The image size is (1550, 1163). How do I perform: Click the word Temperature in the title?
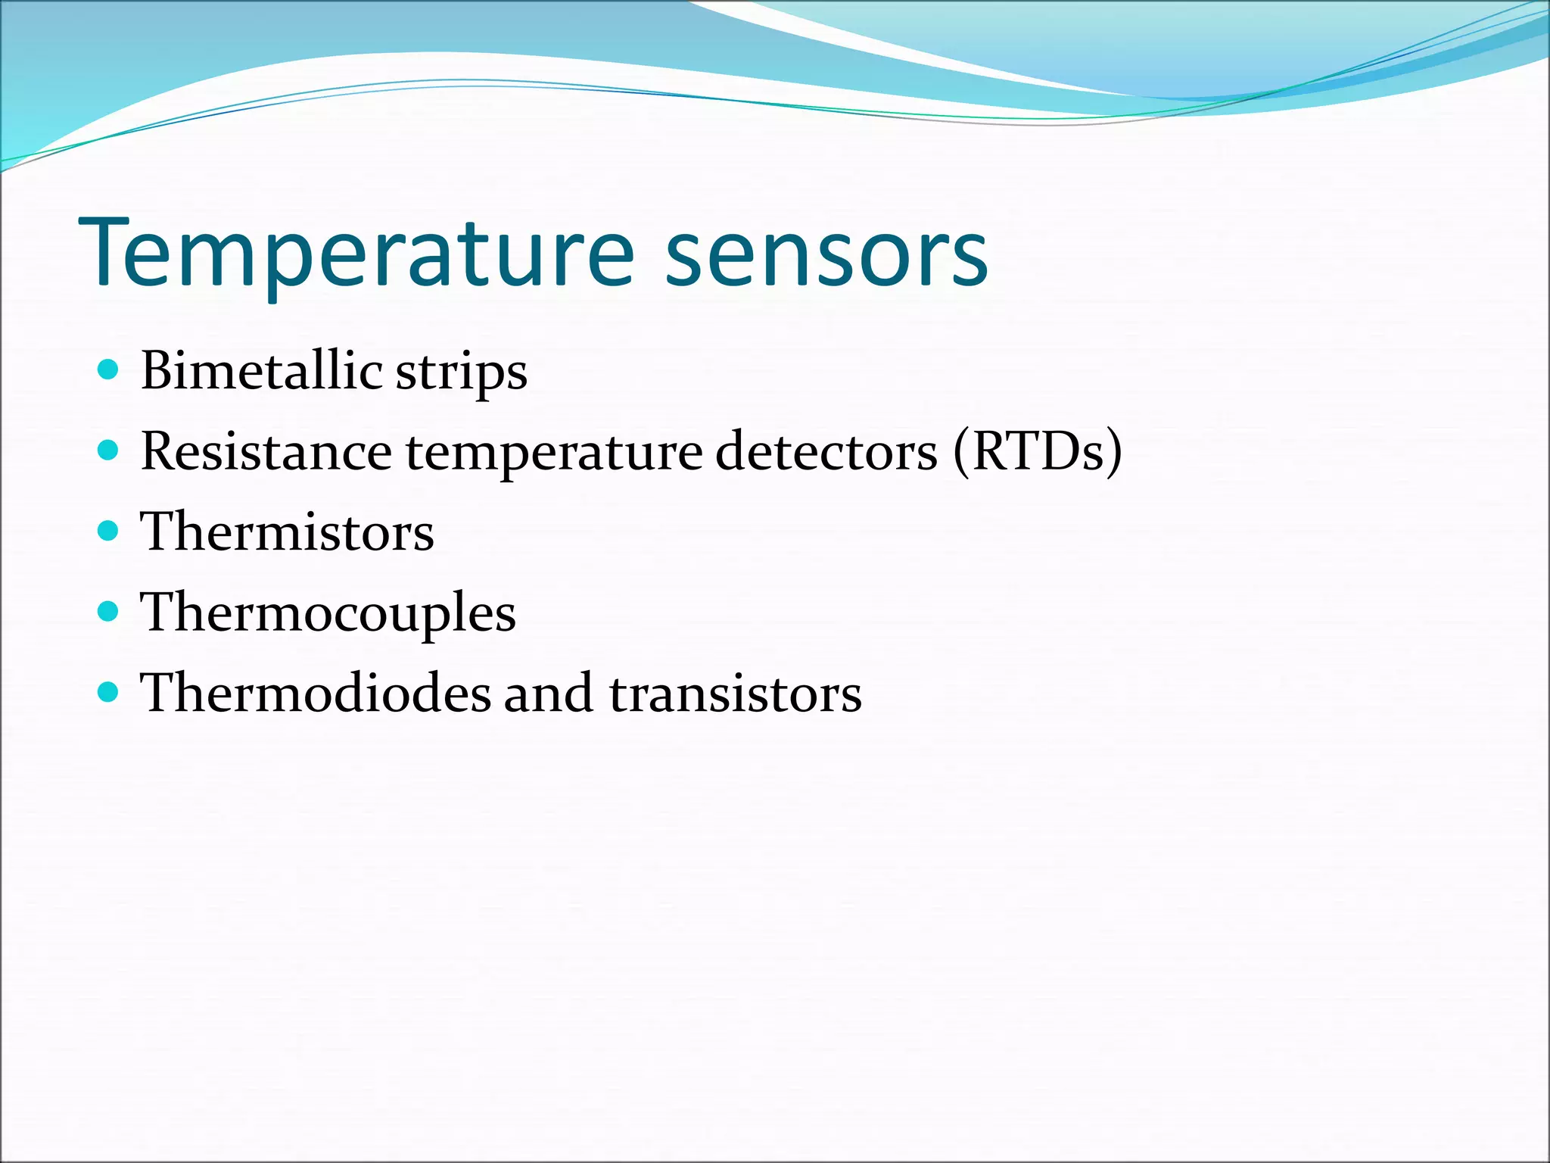356,254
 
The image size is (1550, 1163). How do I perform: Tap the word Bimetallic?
261,371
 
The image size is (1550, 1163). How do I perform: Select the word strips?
461,374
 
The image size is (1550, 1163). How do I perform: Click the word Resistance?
266,451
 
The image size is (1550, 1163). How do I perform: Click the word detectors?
826,451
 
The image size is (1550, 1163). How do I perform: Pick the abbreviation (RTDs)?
1038,451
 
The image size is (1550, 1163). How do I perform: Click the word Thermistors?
287,532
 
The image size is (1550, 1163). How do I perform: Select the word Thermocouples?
328,613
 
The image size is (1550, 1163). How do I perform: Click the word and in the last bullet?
548,693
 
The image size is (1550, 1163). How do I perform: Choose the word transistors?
735,694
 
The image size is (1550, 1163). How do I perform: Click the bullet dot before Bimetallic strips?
109,369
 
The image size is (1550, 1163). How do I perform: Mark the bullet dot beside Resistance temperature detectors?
109,451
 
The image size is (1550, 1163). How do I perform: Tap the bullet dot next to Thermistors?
109,531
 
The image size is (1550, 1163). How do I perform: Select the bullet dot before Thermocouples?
109,611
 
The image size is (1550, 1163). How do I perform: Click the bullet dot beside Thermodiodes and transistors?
109,691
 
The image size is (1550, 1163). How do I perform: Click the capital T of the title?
114,254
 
